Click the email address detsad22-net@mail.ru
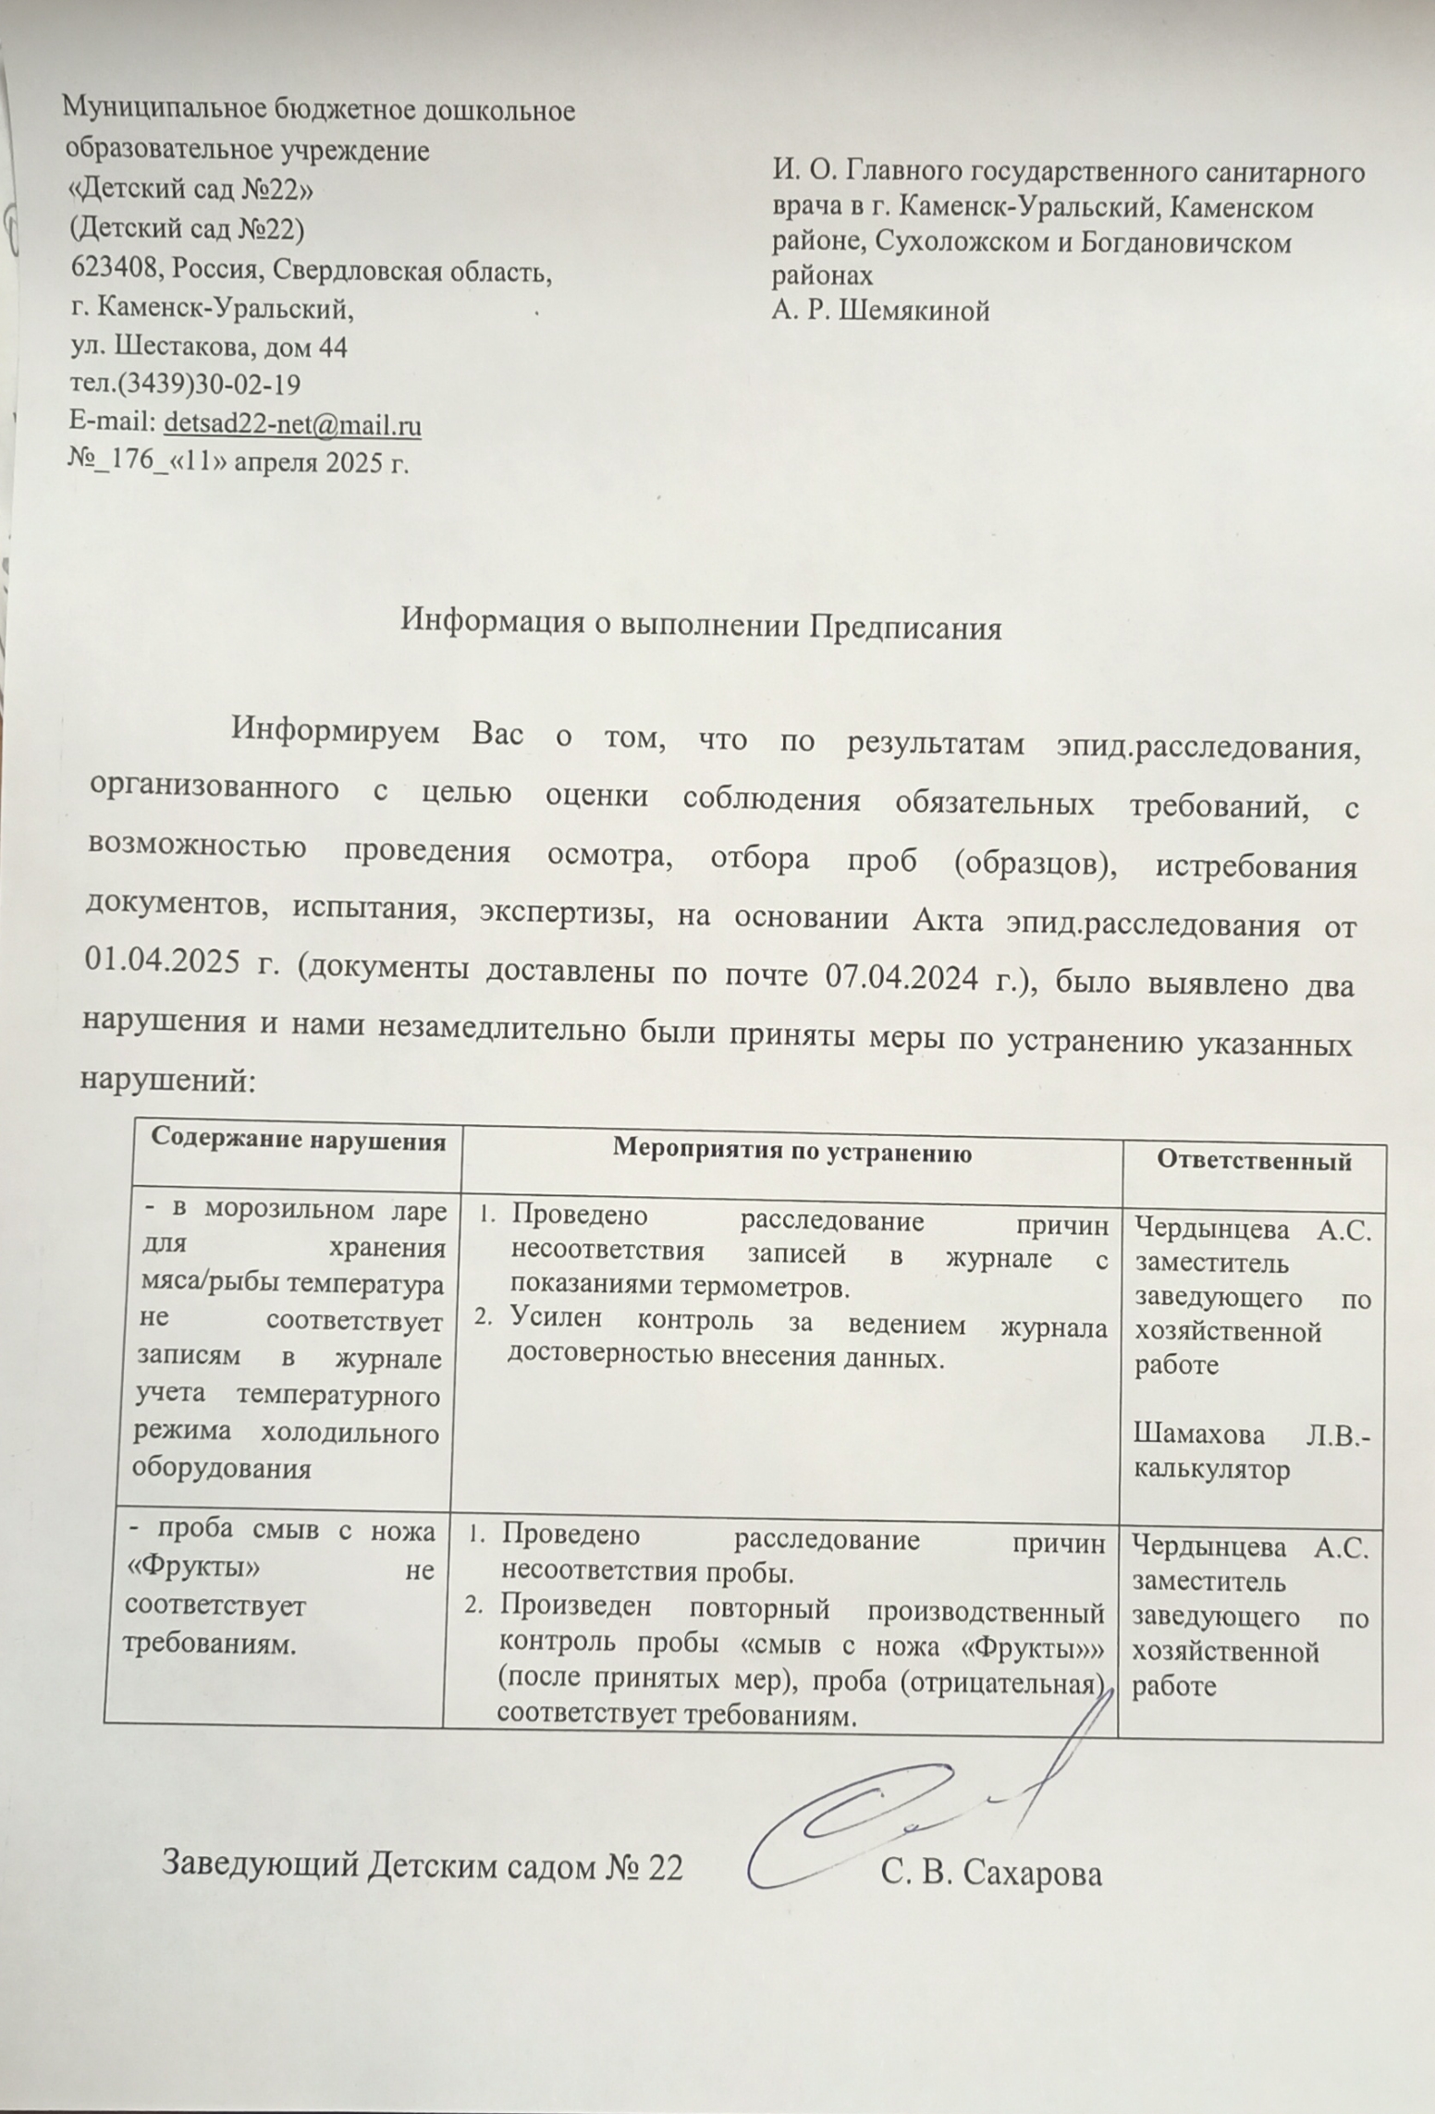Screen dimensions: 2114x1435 292,426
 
